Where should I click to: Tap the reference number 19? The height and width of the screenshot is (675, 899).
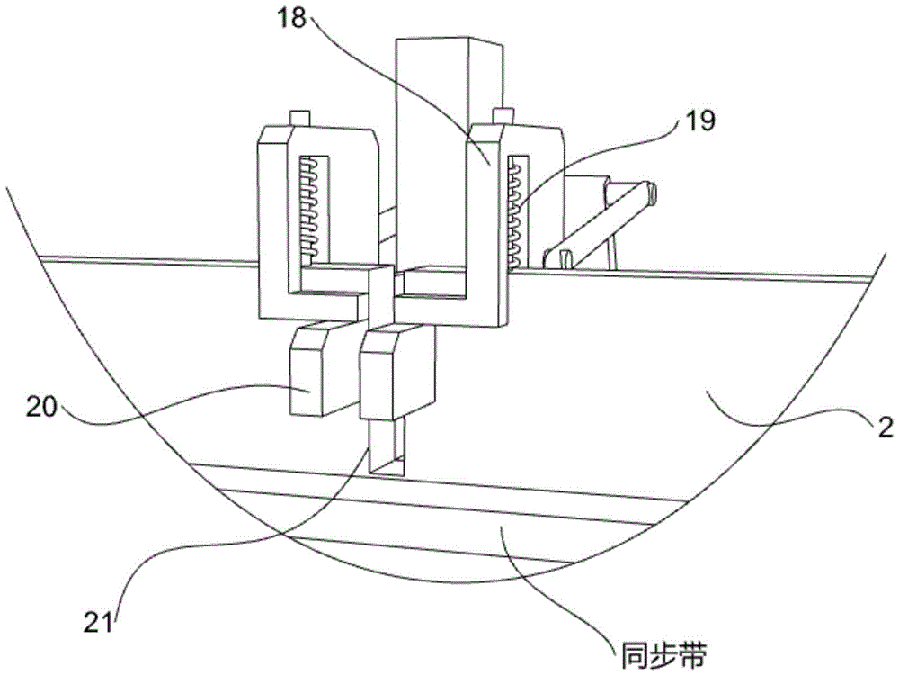point(699,121)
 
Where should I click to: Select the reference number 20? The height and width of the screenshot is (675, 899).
point(41,408)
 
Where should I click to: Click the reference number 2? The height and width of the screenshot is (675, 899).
point(886,427)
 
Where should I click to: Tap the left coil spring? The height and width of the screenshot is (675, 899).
point(313,207)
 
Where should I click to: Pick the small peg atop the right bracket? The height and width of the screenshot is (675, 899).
point(503,115)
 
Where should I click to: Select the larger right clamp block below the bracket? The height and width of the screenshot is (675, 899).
point(396,372)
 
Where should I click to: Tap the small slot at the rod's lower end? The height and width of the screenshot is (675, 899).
point(565,257)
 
